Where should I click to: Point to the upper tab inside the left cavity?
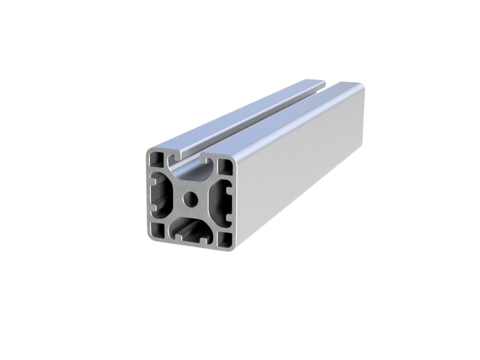point(153,181)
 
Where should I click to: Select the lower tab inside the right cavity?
point(227,217)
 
